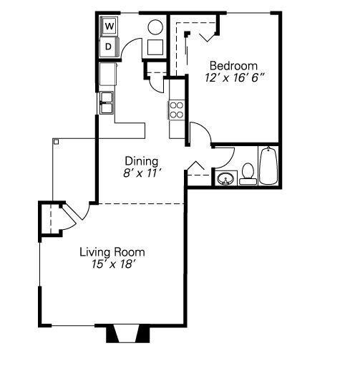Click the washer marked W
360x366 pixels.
pyautogui.click(x=109, y=27)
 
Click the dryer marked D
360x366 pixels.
pyautogui.click(x=109, y=47)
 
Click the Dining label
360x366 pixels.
pyautogui.click(x=141, y=161)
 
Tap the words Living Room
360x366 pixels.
pyautogui.click(x=112, y=252)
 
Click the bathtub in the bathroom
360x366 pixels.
pyautogui.click(x=268, y=165)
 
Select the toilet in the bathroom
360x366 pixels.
pyautogui.click(x=248, y=173)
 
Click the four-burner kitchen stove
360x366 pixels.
pyautogui.click(x=176, y=110)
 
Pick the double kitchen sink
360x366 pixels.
pyautogui.click(x=107, y=102)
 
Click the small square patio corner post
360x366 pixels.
pyautogui.click(x=55, y=142)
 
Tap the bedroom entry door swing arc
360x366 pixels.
pyautogui.click(x=200, y=133)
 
